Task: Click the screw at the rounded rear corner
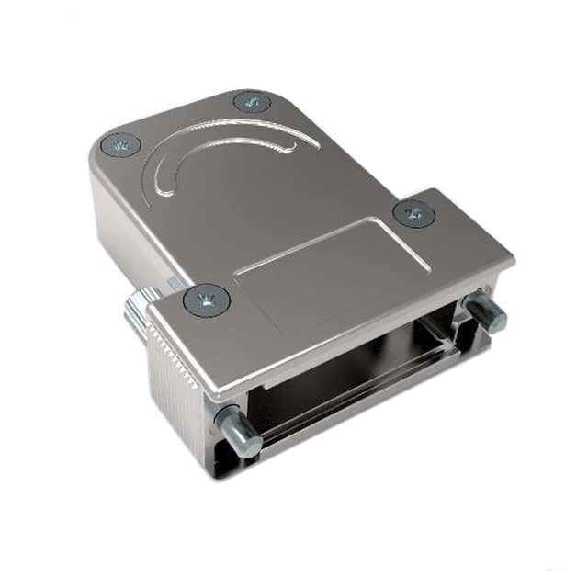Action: [119, 144]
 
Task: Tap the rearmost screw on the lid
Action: [252, 101]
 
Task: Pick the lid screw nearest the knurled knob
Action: [206, 300]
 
